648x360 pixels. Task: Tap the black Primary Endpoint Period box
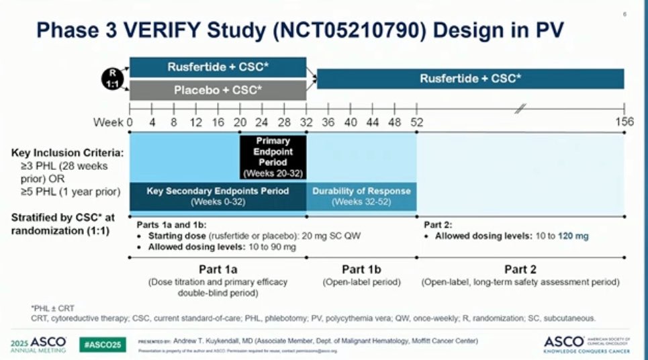click(273, 157)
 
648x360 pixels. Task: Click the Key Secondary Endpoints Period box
click(218, 196)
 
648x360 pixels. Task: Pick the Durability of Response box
click(361, 196)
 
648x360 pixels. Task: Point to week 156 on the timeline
click(624, 122)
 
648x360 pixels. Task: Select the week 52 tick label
click(416, 122)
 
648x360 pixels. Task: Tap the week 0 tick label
click(130, 122)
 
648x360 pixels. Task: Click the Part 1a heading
click(218, 270)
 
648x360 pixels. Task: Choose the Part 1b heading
click(361, 270)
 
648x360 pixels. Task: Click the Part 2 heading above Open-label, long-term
click(520, 270)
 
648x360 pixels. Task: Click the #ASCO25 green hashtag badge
click(101, 344)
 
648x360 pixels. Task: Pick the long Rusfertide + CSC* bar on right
click(470, 79)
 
